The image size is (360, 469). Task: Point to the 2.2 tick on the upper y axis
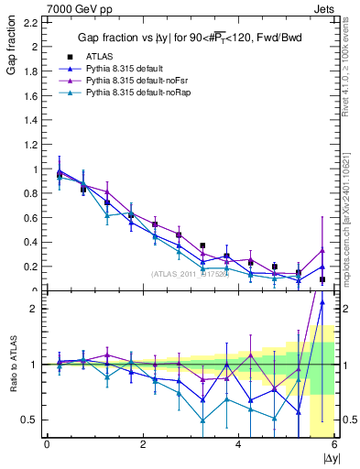(x=32, y=22)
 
